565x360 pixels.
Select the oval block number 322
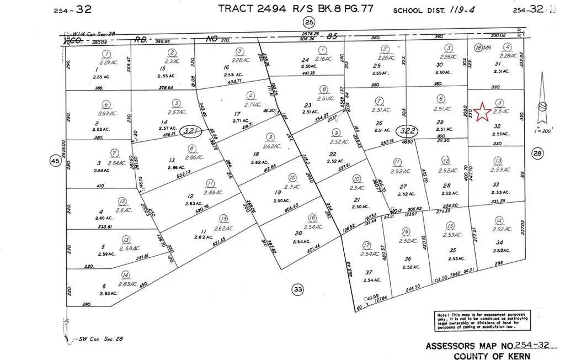tap(408, 131)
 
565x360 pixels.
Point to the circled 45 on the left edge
tap(55, 161)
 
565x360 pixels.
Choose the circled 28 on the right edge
tap(538, 153)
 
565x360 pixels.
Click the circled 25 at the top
tap(309, 22)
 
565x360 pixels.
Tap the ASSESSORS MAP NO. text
tap(470, 346)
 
